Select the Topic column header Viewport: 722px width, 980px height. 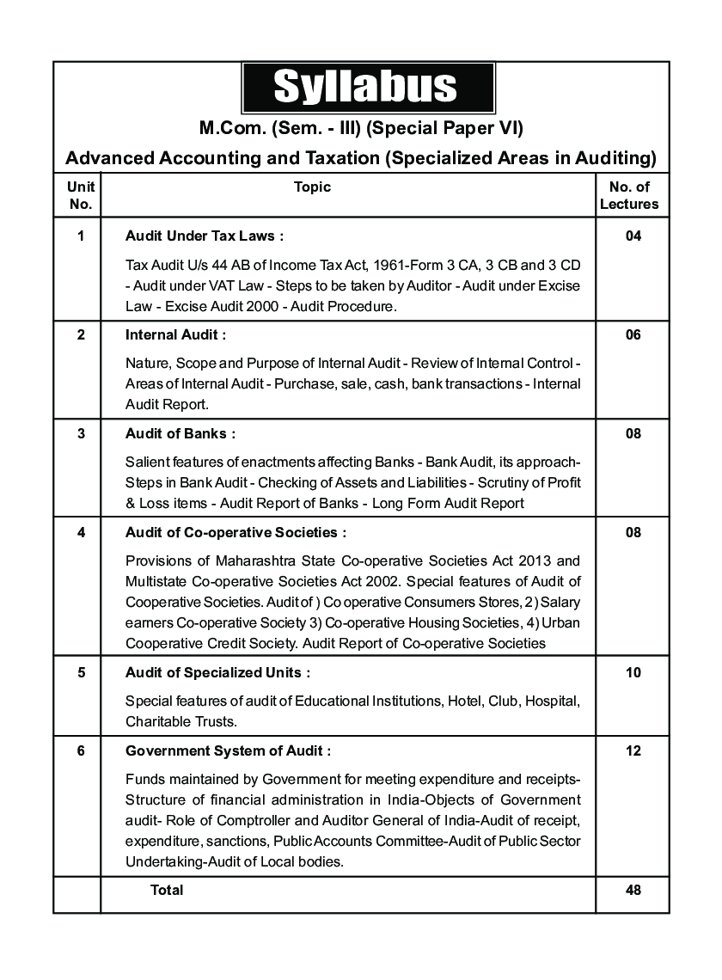pos(312,187)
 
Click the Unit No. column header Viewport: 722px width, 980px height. pos(80,195)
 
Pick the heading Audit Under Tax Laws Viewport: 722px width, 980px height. pos(205,236)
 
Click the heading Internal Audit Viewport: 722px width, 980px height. pos(176,334)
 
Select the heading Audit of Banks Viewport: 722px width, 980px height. pos(180,433)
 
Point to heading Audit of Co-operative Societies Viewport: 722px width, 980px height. pos(236,532)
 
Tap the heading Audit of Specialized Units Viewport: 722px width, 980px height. pos(218,672)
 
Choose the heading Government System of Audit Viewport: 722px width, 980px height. pos(229,750)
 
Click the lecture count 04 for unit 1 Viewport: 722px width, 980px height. pos(633,236)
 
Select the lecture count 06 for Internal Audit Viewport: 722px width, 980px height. pos(633,334)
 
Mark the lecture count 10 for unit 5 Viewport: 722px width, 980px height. pos(633,672)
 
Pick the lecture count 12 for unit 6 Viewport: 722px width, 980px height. pos(633,750)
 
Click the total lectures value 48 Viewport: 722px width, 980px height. pos(633,890)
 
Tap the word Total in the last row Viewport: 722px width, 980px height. pos(167,890)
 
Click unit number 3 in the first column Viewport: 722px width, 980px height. pos(81,433)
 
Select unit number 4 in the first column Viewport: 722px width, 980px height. pos(81,532)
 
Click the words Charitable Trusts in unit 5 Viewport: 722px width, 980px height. pos(180,720)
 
